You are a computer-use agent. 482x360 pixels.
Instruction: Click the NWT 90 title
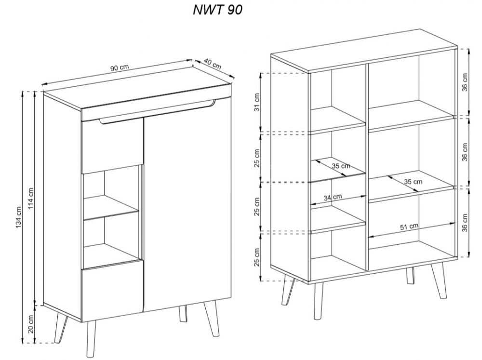click(x=217, y=10)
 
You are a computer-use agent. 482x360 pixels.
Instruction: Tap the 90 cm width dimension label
click(x=120, y=67)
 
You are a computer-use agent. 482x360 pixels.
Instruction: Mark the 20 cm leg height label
click(x=31, y=325)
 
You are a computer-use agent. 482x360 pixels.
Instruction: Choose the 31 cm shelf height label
click(x=257, y=102)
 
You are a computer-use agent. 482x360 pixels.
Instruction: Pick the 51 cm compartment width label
click(x=409, y=227)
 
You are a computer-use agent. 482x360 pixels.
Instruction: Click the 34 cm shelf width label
click(x=333, y=197)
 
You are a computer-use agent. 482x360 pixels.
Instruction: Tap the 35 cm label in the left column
click(x=341, y=166)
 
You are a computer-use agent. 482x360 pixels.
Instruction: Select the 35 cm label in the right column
click(x=413, y=182)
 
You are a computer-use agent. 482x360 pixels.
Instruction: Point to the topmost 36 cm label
click(x=465, y=82)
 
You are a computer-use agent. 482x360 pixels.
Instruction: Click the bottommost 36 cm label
click(x=465, y=223)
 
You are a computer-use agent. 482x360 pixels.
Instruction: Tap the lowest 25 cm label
click(x=257, y=257)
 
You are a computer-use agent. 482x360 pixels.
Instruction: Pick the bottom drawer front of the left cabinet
click(x=112, y=289)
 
